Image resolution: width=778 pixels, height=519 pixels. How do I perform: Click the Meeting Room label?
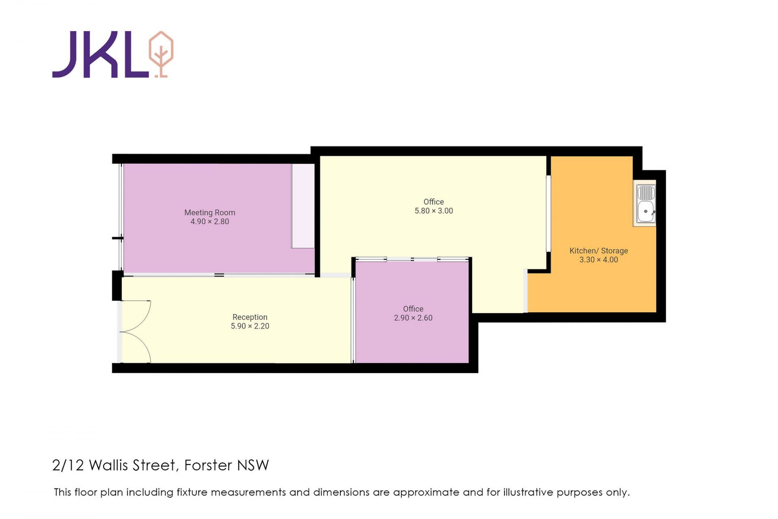click(x=209, y=212)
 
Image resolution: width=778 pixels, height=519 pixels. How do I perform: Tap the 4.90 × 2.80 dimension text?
click(x=209, y=221)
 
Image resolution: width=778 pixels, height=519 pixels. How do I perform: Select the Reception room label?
click(x=250, y=317)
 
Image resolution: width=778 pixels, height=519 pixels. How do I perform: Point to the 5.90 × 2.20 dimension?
click(x=250, y=326)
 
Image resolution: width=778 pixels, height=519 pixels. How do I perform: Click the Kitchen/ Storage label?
click(x=598, y=251)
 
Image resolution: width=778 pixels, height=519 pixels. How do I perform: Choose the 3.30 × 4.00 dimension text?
click(x=598, y=259)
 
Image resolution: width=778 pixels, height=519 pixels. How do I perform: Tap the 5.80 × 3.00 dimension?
click(x=434, y=211)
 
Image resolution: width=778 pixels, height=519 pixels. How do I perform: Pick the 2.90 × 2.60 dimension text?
click(x=413, y=318)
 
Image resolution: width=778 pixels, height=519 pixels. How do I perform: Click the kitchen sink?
click(x=645, y=204)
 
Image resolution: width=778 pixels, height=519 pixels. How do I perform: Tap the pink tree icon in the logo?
click(x=161, y=54)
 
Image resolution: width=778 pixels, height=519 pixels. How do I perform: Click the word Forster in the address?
click(x=208, y=465)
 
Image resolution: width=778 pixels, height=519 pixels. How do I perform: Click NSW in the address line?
click(x=253, y=465)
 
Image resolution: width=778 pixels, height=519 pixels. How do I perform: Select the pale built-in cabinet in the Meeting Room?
click(x=303, y=206)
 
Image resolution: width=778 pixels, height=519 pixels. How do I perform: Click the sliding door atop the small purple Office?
click(x=412, y=259)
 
